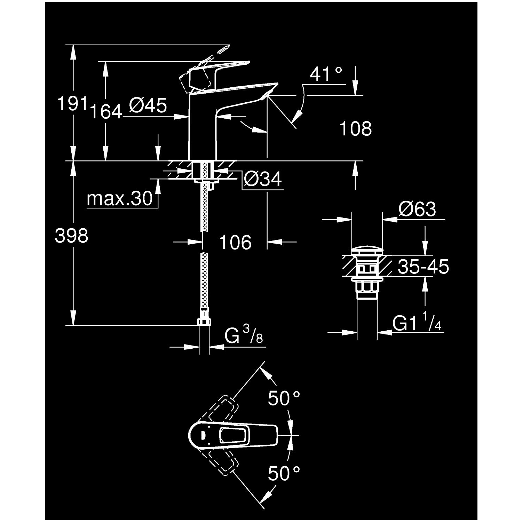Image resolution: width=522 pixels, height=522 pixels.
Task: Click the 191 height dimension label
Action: tap(72, 104)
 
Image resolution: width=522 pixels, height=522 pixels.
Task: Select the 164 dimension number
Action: tap(106, 112)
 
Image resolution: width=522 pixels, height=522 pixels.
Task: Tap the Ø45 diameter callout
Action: tap(148, 105)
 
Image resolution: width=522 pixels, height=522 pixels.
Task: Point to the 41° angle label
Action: tap(326, 74)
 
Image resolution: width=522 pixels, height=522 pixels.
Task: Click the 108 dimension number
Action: tap(355, 128)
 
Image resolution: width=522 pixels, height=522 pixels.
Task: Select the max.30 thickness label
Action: tap(120, 199)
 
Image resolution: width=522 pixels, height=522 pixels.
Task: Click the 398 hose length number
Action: tap(72, 236)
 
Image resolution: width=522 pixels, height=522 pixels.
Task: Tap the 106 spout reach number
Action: tap(235, 242)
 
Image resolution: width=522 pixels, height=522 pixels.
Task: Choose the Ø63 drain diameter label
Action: tap(417, 209)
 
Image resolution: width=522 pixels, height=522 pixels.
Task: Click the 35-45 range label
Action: tap(423, 267)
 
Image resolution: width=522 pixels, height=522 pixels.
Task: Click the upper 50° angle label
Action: tap(284, 398)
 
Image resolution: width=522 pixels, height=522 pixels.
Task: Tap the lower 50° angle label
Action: tap(284, 474)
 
